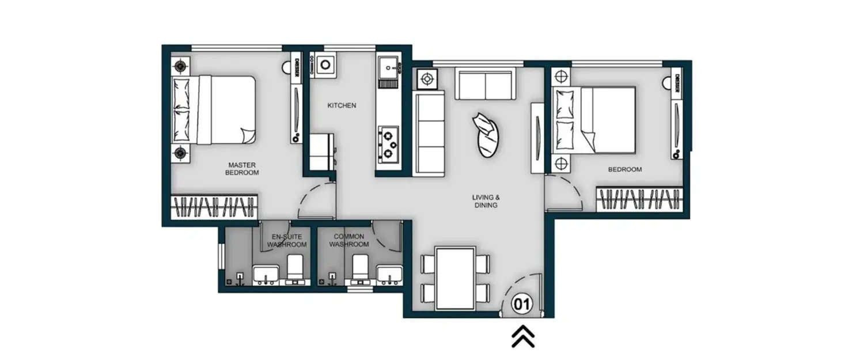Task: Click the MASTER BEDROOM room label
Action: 242,169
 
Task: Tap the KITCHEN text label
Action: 342,106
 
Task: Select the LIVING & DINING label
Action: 485,201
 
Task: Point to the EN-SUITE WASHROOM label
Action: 286,240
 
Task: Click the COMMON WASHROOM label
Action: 349,240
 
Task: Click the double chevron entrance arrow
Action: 523,337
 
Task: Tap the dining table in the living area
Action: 455,278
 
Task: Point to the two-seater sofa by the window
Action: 485,85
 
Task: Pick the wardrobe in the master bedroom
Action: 214,206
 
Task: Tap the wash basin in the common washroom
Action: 389,275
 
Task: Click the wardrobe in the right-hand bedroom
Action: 640,199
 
